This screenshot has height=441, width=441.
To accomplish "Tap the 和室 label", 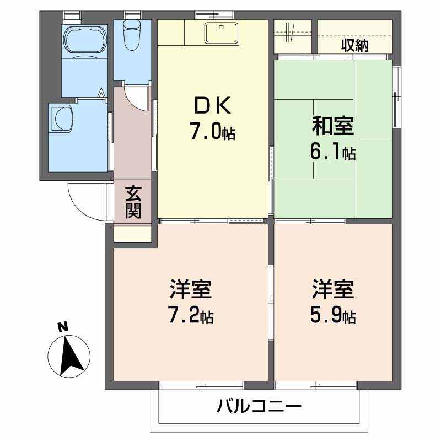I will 332,127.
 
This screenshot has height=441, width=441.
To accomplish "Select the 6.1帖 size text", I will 334,153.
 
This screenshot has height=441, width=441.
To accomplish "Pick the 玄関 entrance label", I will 132,202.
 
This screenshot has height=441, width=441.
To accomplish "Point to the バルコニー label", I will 259,408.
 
